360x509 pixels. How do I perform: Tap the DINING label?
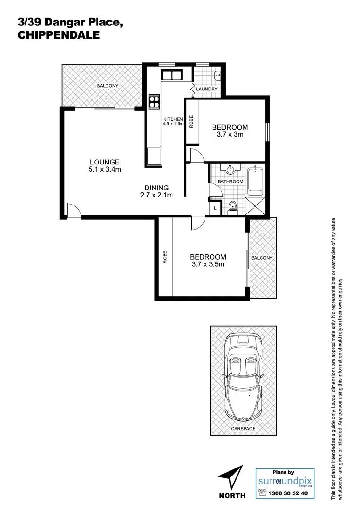click(157, 188)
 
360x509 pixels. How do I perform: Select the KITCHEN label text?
click(172, 119)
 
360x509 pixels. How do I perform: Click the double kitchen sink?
click(172, 74)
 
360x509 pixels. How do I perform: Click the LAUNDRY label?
click(206, 89)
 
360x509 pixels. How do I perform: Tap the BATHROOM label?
click(230, 181)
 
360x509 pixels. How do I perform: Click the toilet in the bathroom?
click(232, 206)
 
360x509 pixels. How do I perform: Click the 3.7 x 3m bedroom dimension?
click(229, 135)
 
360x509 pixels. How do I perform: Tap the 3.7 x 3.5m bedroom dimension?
click(208, 264)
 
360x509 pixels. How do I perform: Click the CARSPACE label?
click(243, 429)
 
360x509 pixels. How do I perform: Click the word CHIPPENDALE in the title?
click(58, 35)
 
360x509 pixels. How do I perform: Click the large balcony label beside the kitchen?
click(107, 86)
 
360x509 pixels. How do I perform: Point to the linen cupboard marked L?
click(215, 208)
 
